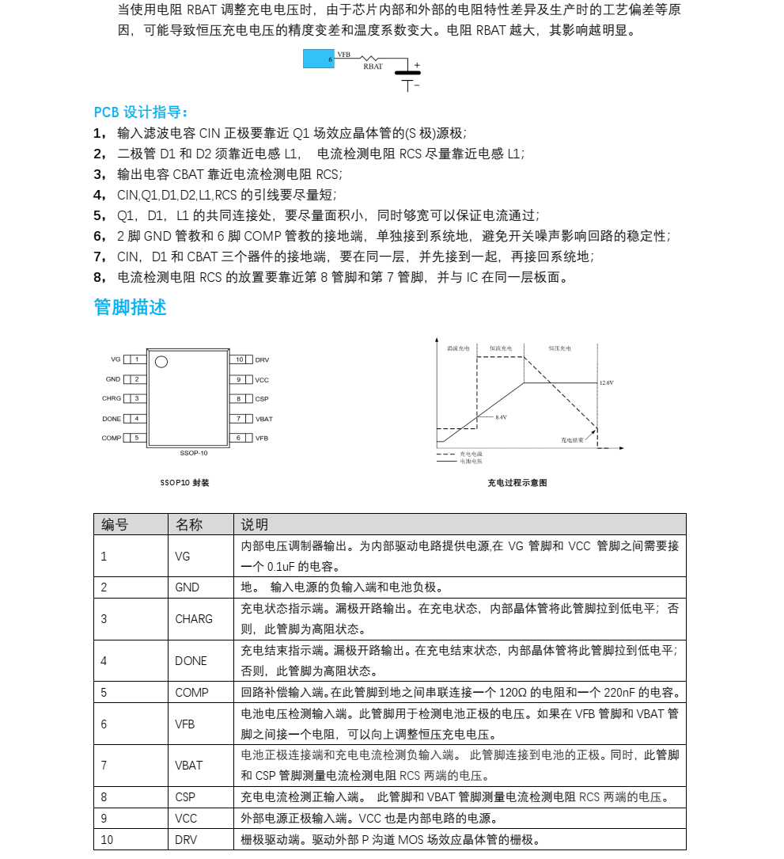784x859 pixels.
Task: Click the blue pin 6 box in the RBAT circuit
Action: (319, 59)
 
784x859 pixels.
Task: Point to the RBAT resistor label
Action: (373, 67)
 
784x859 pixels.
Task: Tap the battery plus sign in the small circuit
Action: (417, 66)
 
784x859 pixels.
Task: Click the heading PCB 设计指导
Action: (141, 112)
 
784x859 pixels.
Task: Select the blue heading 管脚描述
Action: (131, 307)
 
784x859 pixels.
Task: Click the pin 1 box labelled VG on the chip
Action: (136, 359)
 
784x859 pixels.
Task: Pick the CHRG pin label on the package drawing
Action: (112, 398)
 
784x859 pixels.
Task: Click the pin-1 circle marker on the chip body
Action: (161, 362)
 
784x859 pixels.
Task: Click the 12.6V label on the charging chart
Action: (606, 382)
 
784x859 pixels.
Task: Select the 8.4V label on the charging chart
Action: (501, 416)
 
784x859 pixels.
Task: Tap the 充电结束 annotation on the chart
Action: (572, 439)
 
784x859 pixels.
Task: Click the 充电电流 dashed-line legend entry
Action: (471, 454)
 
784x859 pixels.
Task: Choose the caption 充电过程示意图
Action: (517, 483)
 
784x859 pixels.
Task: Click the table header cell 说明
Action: (255, 524)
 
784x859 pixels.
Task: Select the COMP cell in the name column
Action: (191, 692)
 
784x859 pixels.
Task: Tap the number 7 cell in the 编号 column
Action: (104, 766)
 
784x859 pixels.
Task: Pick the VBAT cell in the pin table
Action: (188, 766)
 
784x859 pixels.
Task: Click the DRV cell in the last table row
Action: (187, 839)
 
